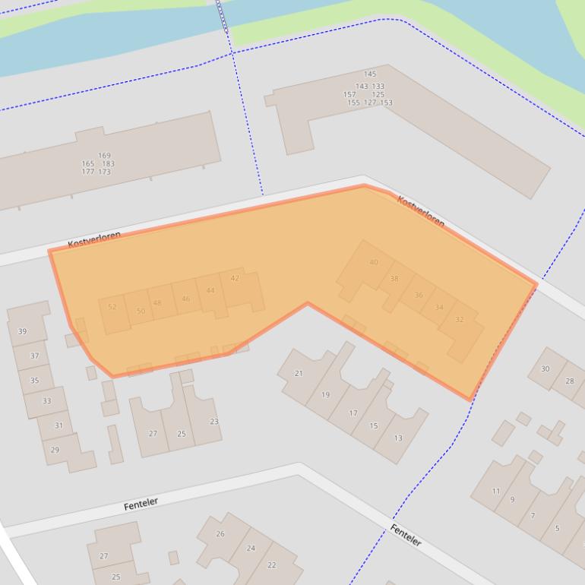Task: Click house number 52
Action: point(112,307)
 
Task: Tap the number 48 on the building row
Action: point(157,302)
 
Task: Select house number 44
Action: point(210,290)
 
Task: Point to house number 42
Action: point(235,278)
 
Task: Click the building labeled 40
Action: point(373,262)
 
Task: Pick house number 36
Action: point(419,295)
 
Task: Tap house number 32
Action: point(459,320)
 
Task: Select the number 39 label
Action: point(22,331)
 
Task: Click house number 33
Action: point(47,400)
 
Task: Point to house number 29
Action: point(55,450)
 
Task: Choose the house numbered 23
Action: point(214,421)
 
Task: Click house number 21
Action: point(299,373)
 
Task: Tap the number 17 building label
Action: point(353,413)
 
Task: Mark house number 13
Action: point(398,438)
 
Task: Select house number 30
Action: point(545,368)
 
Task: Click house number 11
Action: point(496,491)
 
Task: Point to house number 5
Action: point(557,528)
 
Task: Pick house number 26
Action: point(220,533)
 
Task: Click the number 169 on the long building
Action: point(104,156)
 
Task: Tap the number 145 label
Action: point(370,74)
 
